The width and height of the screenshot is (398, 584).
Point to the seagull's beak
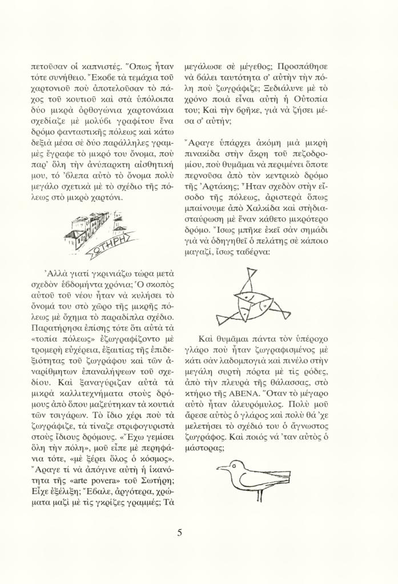220,469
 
